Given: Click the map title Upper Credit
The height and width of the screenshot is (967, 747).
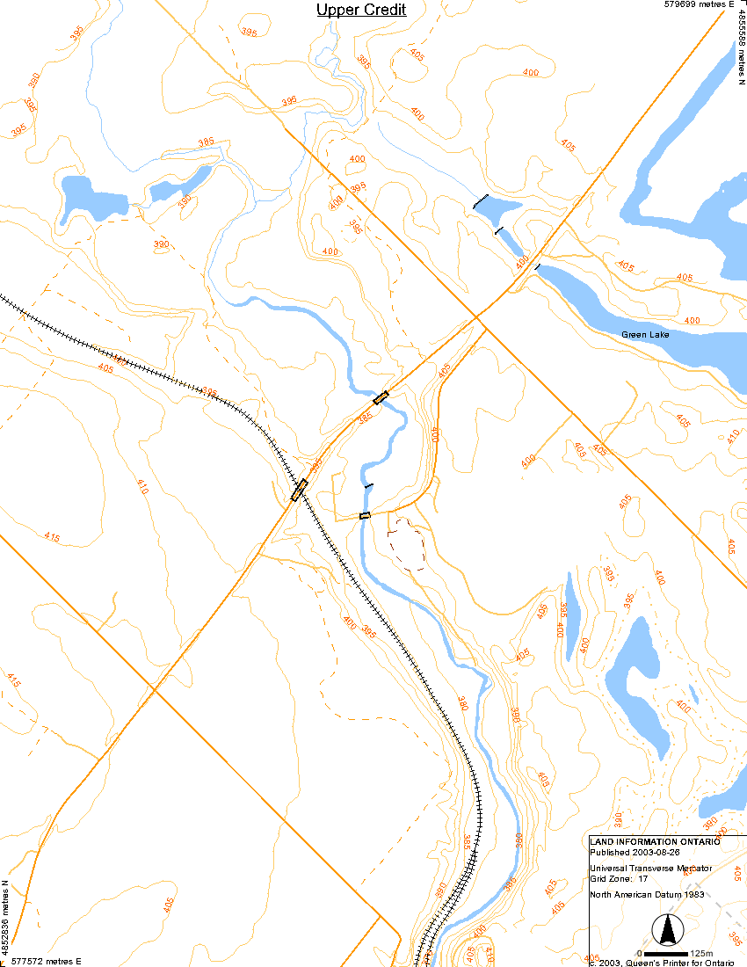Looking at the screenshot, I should pos(361,10).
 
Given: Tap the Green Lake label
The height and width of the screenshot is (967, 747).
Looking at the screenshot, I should pos(646,335).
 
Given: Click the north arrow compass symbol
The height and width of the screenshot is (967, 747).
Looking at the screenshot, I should pos(668,930).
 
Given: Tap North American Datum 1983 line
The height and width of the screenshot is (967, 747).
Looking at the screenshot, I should pos(649,895).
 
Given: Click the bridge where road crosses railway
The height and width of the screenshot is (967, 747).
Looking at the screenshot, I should pos(299,490).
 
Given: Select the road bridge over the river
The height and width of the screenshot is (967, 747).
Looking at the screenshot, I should pos(381,397).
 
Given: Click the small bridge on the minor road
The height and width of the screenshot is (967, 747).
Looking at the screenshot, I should pos(365,515).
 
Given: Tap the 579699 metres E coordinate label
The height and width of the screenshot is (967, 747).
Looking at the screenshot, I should pos(699,5).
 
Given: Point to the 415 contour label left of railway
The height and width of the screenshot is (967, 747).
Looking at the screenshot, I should pos(52,537).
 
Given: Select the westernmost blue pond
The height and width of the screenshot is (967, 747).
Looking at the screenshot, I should pos(77,198).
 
